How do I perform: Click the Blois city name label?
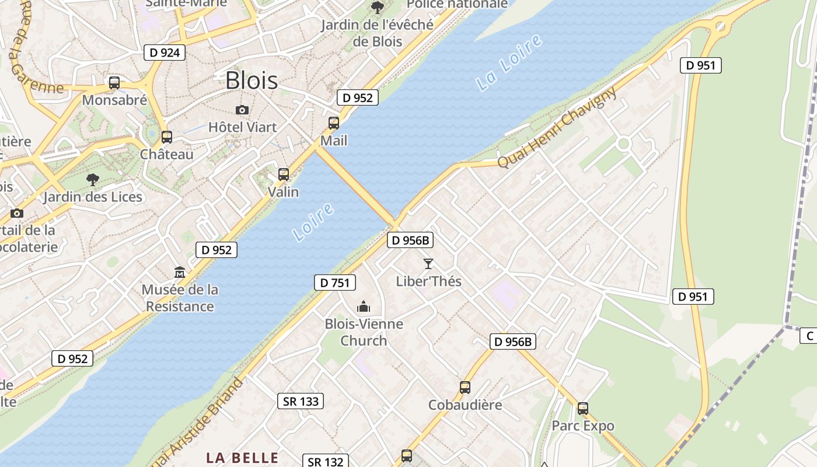[252, 81]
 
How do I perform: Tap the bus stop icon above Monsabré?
[114, 83]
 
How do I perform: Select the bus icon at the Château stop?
[167, 137]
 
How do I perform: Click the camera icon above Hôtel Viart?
[242, 110]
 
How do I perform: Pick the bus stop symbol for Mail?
[334, 123]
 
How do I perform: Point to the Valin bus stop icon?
[284, 174]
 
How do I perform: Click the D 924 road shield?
[165, 53]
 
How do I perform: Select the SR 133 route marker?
[301, 401]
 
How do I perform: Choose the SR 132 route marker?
[325, 462]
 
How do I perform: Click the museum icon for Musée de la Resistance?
[179, 273]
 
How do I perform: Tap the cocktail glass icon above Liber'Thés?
[428, 264]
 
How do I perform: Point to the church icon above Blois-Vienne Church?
[364, 306]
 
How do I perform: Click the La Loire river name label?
[509, 63]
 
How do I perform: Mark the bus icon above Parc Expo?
[583, 409]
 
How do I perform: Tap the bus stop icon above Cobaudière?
[465, 387]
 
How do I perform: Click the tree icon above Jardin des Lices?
[92, 179]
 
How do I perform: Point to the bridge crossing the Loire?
[355, 186]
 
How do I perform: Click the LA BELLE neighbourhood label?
[242, 457]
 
